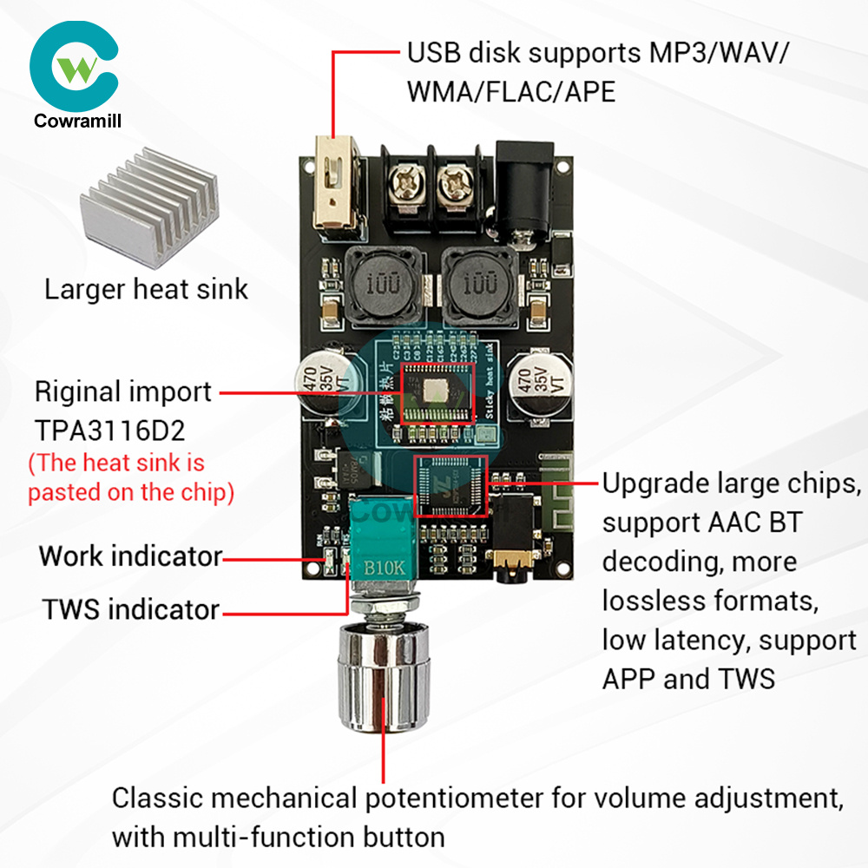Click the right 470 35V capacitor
(532, 382)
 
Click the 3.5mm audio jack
(516, 556)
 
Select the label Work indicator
(130, 556)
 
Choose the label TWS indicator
(131, 609)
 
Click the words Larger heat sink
(146, 289)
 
